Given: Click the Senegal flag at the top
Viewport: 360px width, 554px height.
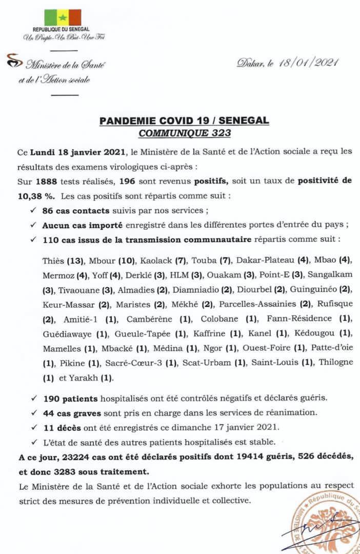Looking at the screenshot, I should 63,17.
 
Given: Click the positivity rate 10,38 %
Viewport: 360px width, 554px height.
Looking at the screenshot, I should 23,196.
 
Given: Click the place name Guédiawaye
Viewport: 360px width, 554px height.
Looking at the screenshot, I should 68,333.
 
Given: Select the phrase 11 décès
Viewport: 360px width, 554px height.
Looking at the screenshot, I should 59,426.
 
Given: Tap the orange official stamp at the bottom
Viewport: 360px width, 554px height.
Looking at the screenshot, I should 328,523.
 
